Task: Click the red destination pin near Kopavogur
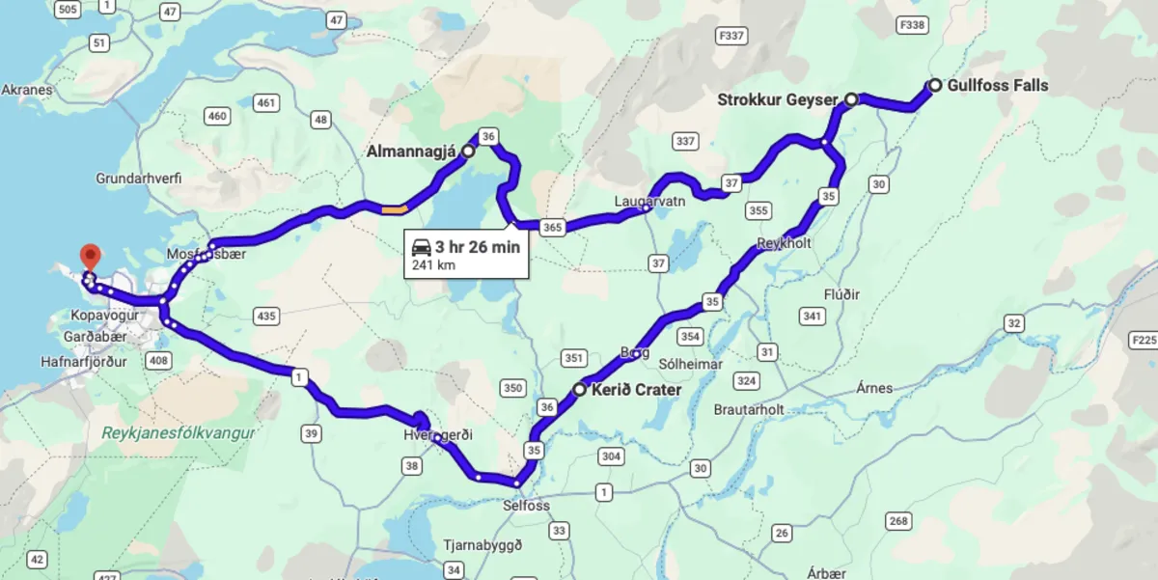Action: [x=91, y=257]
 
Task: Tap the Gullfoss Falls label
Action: [x=997, y=85]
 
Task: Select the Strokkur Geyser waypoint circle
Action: [x=851, y=98]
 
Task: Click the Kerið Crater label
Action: [x=637, y=390]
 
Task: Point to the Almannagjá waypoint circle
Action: [x=468, y=152]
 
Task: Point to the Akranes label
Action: [x=27, y=90]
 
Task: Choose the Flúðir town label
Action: [x=841, y=293]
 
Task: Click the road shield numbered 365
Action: [x=552, y=227]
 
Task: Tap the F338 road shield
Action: [x=911, y=24]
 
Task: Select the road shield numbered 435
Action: [x=264, y=316]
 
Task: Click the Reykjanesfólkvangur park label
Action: [x=179, y=433]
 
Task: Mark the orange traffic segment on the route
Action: [x=394, y=207]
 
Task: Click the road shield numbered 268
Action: [x=898, y=522]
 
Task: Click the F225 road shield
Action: [x=1143, y=340]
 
